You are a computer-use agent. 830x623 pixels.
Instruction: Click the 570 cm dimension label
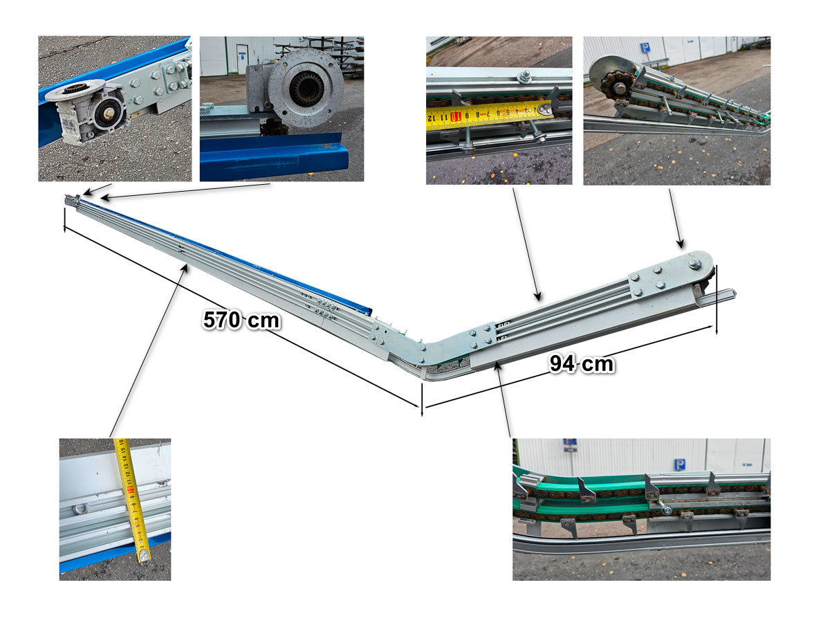[x=241, y=320]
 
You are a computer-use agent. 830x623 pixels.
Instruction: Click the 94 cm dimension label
[x=582, y=363]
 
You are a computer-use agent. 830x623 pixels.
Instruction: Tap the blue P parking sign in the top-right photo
[x=645, y=48]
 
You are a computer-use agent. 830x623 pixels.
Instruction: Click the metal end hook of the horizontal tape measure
[x=544, y=109]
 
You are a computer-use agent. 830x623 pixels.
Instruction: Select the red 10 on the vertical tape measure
[x=131, y=490]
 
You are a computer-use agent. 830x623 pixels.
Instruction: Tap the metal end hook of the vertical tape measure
[x=144, y=555]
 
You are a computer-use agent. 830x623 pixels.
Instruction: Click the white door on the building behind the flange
[x=242, y=59]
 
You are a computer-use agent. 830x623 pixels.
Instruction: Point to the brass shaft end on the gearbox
[x=108, y=113]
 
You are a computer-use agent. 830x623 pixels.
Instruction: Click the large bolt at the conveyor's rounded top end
[x=694, y=264]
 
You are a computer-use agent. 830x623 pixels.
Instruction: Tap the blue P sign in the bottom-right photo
[x=680, y=464]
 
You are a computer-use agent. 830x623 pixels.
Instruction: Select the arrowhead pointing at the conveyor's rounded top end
[x=681, y=244]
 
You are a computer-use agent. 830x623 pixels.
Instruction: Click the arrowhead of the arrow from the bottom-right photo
[x=498, y=366]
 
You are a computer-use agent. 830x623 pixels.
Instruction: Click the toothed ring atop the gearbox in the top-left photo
[x=77, y=89]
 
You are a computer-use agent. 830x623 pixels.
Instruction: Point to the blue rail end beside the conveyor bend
[x=367, y=311]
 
